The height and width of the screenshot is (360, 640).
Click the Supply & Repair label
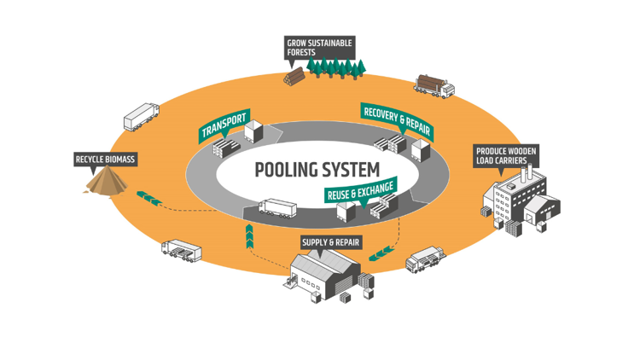click(x=331, y=242)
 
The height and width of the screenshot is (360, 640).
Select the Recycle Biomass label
click(x=105, y=159)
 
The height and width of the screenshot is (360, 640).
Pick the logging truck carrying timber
click(x=434, y=84)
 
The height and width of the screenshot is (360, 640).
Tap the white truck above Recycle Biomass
click(x=141, y=118)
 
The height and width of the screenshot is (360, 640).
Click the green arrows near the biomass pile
click(x=149, y=198)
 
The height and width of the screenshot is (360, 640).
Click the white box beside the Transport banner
click(x=253, y=131)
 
